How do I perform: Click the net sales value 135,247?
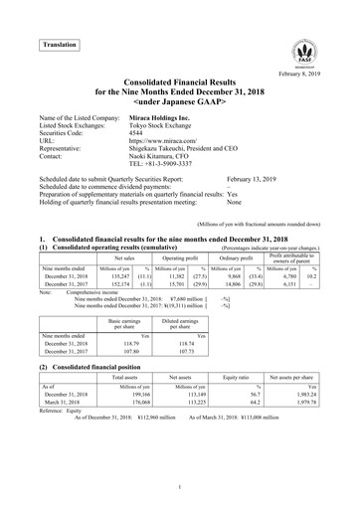pyautogui.click(x=120, y=274)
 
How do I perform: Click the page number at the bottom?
pyautogui.click(x=180, y=486)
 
